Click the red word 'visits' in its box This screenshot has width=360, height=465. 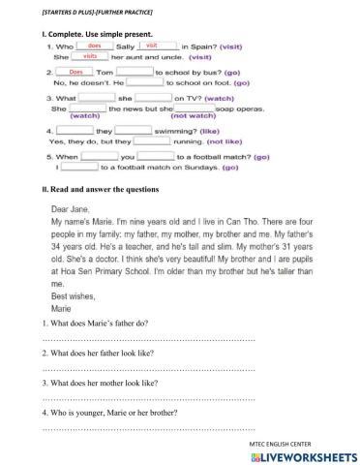pos(89,57)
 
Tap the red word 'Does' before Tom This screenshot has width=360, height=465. pos(75,72)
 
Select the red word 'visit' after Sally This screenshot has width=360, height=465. pos(151,46)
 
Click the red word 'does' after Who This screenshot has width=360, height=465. pos(94,46)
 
